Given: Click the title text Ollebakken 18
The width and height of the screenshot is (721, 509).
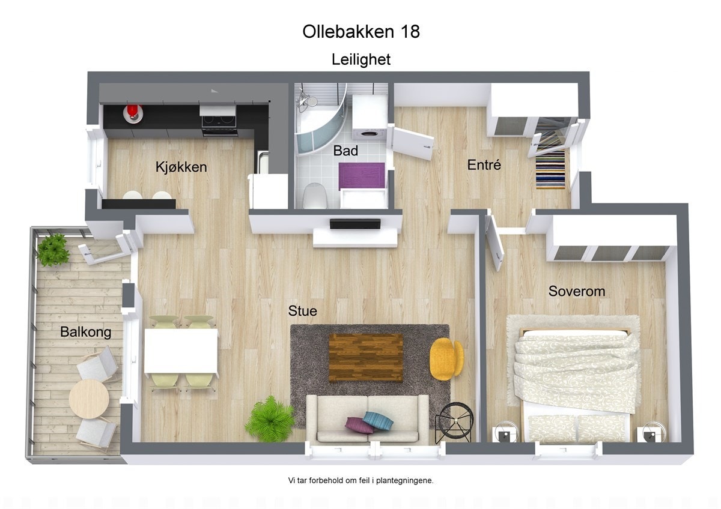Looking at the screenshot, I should (x=361, y=31).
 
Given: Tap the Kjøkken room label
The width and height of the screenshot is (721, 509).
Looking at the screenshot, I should (x=181, y=167).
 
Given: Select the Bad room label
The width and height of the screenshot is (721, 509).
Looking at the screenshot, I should (x=345, y=151).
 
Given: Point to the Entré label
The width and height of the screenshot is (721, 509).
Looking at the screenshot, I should (x=484, y=164).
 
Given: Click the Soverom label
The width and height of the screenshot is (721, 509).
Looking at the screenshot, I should (x=576, y=292).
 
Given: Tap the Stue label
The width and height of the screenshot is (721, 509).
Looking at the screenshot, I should (x=302, y=311).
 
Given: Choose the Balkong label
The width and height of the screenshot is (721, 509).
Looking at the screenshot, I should (x=85, y=332).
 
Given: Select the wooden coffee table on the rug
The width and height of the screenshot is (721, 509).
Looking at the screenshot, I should (x=366, y=357).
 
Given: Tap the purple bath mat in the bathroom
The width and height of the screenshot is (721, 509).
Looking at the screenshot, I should (x=361, y=175).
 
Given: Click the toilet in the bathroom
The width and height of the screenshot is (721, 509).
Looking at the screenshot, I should (x=315, y=195).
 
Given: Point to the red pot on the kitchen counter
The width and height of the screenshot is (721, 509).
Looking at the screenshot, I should (x=132, y=112).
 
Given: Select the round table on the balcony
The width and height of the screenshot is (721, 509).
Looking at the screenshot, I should (x=88, y=399).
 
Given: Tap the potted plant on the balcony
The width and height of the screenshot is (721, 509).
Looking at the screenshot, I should (x=53, y=249).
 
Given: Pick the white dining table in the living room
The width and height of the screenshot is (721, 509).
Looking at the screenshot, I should (x=181, y=351).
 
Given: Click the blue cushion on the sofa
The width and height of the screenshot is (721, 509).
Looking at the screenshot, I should (x=378, y=421).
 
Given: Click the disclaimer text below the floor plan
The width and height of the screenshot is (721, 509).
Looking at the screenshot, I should (x=360, y=480).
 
